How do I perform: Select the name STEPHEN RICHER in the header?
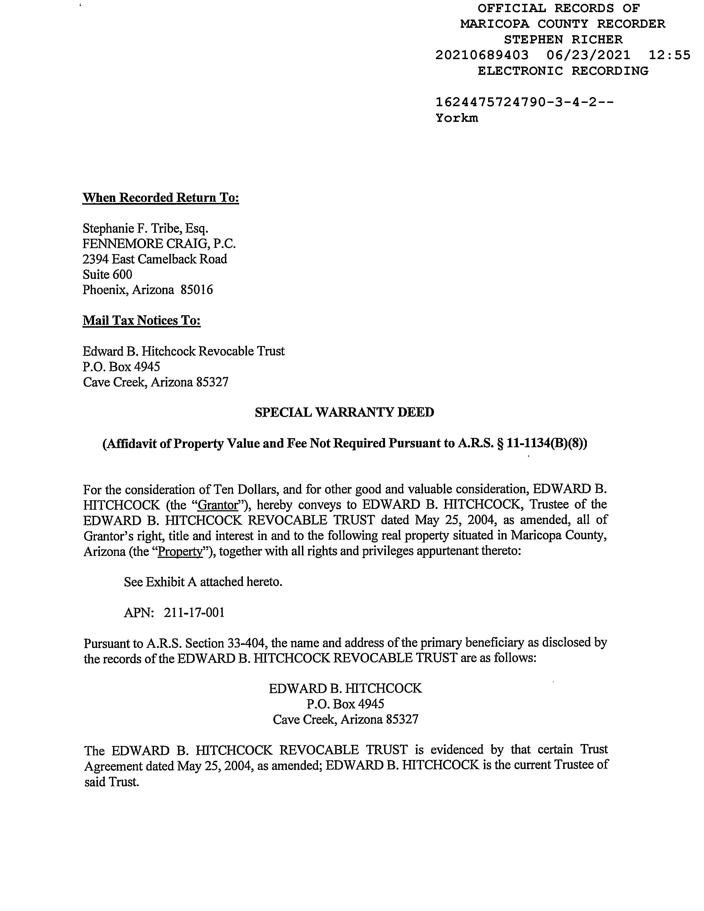click(563, 40)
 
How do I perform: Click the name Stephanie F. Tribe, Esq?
click(145, 228)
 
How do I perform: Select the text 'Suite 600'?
click(107, 275)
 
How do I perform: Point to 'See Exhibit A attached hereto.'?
click(203, 581)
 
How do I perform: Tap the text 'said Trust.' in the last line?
click(111, 782)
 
